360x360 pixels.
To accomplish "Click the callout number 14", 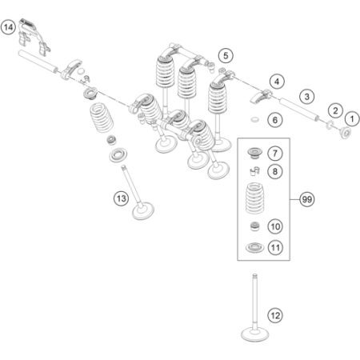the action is point(8,28).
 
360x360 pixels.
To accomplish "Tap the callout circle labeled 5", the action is point(226,56).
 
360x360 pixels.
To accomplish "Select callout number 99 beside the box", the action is point(306,199).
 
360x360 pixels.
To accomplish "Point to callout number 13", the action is point(121,198).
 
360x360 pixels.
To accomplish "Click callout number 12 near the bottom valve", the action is point(275,316).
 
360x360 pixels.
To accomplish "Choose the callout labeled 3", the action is point(306,97).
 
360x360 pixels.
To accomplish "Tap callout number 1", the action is point(352,118).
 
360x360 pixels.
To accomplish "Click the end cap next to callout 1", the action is point(345,133).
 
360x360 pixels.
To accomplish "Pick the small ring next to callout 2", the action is point(330,124).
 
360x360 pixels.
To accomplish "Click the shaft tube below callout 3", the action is point(298,110).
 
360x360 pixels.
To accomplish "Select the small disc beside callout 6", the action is point(255,119).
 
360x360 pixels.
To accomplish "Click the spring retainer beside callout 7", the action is point(254,153).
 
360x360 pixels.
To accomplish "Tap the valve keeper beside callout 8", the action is point(254,170).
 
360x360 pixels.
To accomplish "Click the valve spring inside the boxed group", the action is point(254,198).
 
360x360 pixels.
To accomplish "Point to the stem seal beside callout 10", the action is point(254,226).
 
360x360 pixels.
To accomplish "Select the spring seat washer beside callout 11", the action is point(254,248).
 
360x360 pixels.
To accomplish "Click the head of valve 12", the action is point(254,334).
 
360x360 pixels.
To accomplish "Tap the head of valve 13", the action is point(143,211).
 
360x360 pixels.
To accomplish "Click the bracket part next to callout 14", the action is point(34,37).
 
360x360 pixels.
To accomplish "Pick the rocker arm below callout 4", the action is point(262,97).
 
